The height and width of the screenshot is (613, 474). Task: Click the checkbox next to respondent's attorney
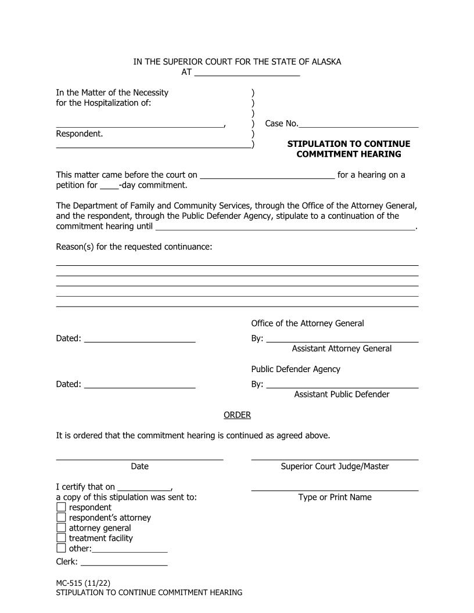point(61,518)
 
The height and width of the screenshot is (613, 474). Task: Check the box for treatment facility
point(61,538)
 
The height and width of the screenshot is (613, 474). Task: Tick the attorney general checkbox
point(61,528)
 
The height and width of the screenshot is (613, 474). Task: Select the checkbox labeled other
point(61,549)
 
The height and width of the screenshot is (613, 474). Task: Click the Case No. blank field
point(358,124)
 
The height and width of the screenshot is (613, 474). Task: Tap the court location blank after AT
point(247,73)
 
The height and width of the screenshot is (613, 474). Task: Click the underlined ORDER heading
point(237,415)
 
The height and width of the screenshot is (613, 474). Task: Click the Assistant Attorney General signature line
point(342,338)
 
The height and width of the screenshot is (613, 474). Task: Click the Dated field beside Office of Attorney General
point(140,338)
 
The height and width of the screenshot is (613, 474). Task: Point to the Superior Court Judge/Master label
point(335,466)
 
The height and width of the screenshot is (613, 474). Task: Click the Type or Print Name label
point(335,497)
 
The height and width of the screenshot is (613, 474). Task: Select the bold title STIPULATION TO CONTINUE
point(349,144)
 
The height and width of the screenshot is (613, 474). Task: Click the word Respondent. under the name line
point(80,134)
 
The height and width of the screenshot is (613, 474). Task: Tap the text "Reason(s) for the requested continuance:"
point(134,247)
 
